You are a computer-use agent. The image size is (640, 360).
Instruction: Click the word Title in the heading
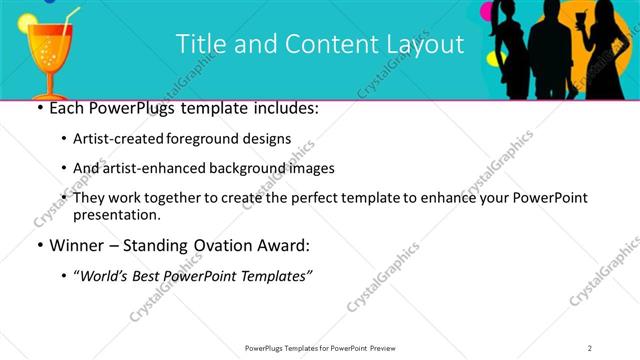click(x=198, y=44)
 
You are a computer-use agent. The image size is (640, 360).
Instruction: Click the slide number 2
click(x=590, y=347)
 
